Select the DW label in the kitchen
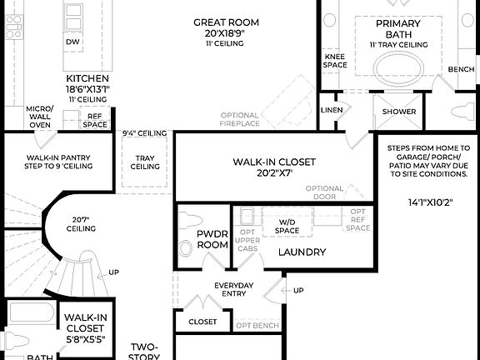72,40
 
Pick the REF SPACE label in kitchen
94,121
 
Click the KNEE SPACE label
334,61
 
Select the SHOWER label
399,111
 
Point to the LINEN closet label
331,110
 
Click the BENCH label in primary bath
460,70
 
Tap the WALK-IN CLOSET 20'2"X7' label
274,168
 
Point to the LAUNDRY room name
302,252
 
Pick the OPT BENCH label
257,324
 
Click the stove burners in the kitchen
14,27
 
